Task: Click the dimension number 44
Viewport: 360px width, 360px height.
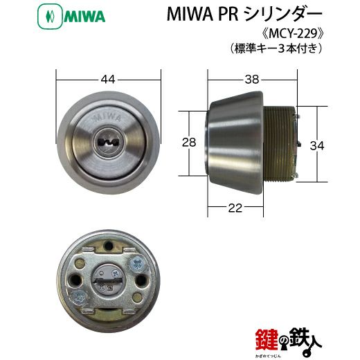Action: [x=108, y=80]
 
